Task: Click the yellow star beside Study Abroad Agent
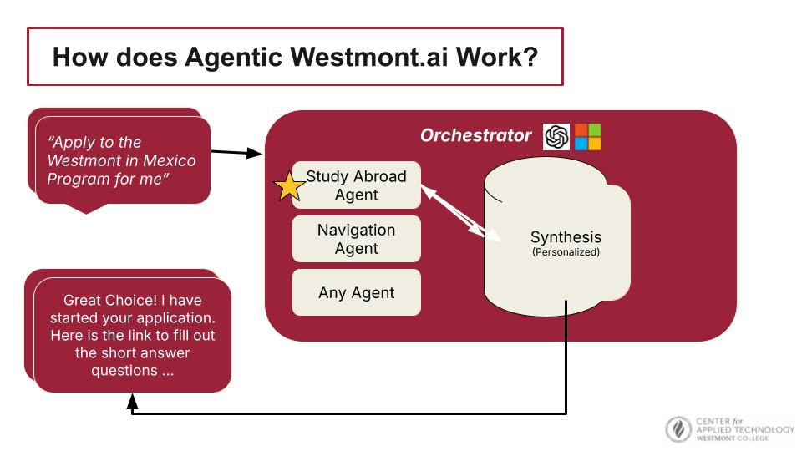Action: [x=289, y=185]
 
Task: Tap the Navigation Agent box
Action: [x=357, y=239]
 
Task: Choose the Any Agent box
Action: [x=357, y=293]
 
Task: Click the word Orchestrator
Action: [x=475, y=135]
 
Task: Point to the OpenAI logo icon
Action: [x=556, y=136]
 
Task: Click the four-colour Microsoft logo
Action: [x=588, y=136]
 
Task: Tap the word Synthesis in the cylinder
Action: [x=566, y=237]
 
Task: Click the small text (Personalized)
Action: [x=566, y=251]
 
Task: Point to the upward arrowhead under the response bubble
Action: [x=132, y=402]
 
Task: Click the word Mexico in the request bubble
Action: [x=169, y=160]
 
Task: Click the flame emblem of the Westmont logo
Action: [x=678, y=429]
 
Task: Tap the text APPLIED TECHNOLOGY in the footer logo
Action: [x=745, y=429]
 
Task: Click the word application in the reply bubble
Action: [x=180, y=317]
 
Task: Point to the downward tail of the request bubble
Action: [x=85, y=208]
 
